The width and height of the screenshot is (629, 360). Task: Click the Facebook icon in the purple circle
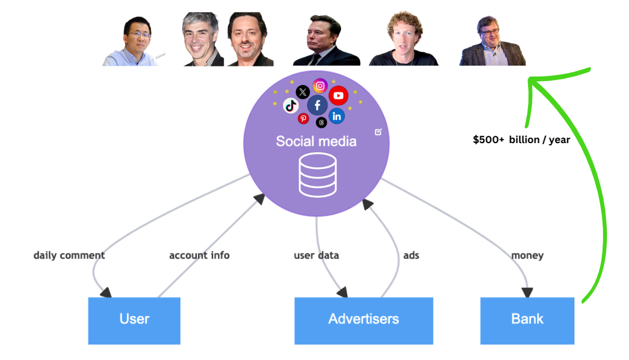click(318, 105)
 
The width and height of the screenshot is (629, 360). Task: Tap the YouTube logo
click(338, 96)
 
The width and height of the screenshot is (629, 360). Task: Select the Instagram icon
click(320, 86)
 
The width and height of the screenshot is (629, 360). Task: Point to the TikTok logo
click(291, 105)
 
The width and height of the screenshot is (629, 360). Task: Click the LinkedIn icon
click(337, 117)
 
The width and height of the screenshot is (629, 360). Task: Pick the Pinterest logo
click(303, 118)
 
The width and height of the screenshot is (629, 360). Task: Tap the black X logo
click(303, 92)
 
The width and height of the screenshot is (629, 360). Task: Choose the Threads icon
click(321, 122)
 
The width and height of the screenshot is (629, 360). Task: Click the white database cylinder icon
click(317, 175)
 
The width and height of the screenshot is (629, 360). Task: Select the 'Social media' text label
click(316, 141)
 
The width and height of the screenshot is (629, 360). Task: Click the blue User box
click(134, 320)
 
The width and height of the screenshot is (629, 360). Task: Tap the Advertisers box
click(364, 320)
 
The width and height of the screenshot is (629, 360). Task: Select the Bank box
click(527, 320)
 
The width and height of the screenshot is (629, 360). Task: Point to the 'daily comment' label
click(69, 255)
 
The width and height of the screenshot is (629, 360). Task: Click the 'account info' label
click(199, 255)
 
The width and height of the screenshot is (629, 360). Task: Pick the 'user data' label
click(316, 255)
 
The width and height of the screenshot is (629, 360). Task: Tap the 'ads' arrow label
click(411, 255)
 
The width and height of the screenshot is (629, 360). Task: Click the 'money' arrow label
click(527, 255)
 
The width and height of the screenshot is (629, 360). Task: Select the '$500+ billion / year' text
click(521, 140)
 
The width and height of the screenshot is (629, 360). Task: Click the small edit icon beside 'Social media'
click(378, 132)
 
